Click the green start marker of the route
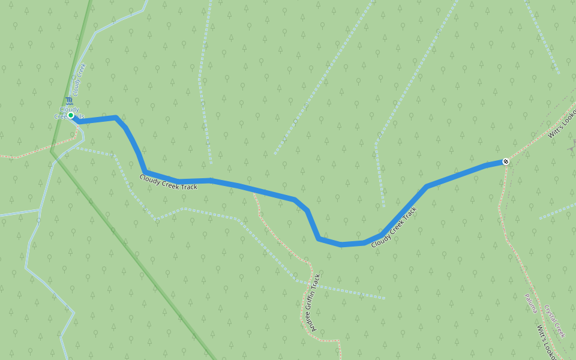pyautogui.click(x=71, y=115)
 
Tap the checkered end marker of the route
pyautogui.click(x=506, y=161)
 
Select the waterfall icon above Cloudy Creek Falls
pyautogui.click(x=69, y=101)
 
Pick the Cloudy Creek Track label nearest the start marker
pyautogui.click(x=168, y=182)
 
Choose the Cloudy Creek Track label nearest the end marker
pyautogui.click(x=394, y=227)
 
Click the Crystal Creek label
pyautogui.click(x=555, y=322)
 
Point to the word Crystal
pyautogui.click(x=551, y=314)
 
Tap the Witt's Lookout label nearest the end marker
pyautogui.click(x=562, y=124)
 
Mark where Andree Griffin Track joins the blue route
pyautogui.click(x=254, y=191)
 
